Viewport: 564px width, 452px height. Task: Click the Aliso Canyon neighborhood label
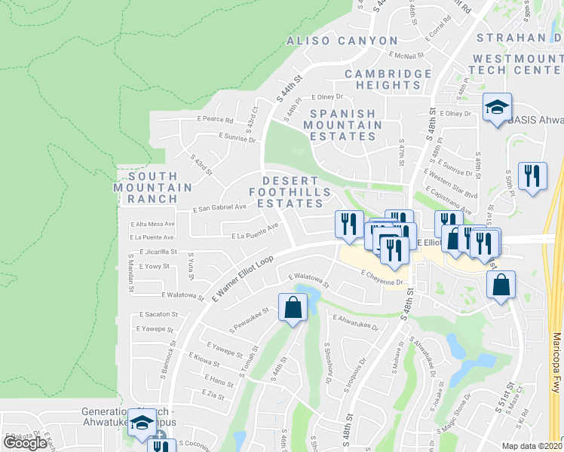coord(342,41)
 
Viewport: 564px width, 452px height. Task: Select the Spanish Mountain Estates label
coord(342,124)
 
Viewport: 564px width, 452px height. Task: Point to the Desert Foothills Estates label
coord(296,192)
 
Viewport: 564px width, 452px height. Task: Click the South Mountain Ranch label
coord(154,187)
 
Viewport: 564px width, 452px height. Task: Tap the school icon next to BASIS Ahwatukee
coord(497,108)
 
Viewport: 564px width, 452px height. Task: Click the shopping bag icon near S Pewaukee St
coord(293,307)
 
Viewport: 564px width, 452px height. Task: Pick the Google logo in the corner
coord(25,442)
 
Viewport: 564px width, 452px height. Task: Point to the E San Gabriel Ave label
coord(220,208)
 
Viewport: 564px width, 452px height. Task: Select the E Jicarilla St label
coord(158,252)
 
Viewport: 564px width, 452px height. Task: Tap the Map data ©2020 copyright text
coord(532,446)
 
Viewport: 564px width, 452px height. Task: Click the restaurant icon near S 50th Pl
coord(533,176)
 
